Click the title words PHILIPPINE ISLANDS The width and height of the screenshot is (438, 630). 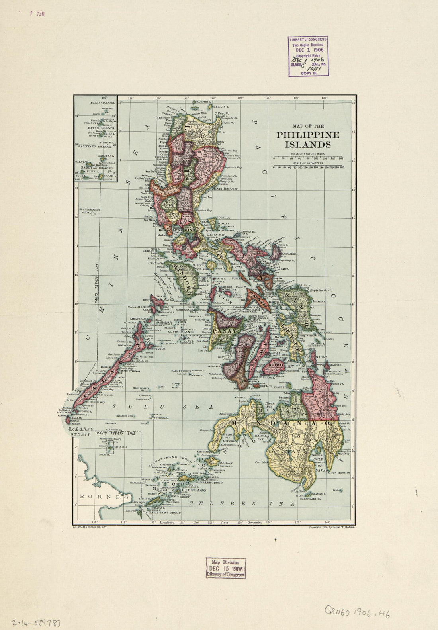[x=308, y=139]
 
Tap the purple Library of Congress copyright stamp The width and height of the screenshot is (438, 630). [x=308, y=56]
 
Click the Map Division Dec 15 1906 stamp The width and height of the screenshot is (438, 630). [x=225, y=568]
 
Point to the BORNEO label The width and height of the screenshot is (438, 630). [x=105, y=497]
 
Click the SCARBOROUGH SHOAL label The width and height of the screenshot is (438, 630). [x=88, y=211]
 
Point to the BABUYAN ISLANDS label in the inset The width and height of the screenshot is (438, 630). [x=95, y=168]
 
